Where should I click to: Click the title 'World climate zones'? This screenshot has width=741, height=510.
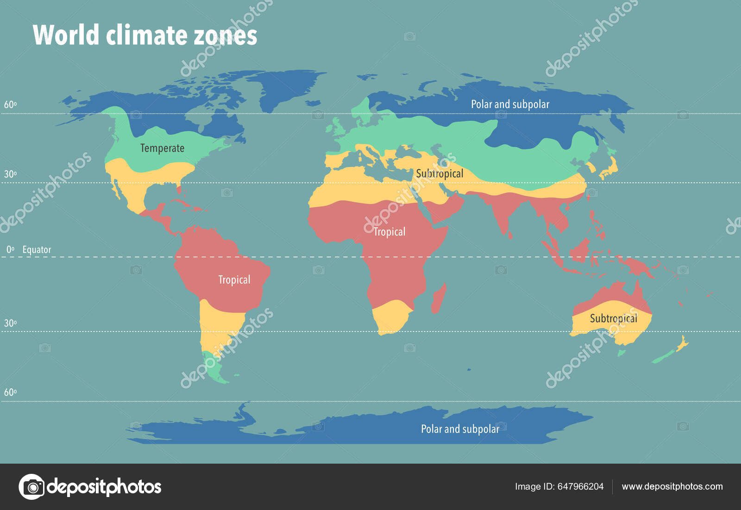coord(144,35)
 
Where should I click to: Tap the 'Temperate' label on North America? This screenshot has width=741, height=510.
coord(162,148)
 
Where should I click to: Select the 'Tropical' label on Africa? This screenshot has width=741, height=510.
coord(389,232)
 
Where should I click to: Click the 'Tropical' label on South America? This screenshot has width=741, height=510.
coord(234,280)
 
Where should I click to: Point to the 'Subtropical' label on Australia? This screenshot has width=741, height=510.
coord(613,319)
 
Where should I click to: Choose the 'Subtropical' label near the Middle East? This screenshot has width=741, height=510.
coord(439,174)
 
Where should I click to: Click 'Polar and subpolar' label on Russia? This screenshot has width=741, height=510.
coord(510,104)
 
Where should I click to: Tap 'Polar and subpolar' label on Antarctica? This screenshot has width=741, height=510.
coord(460,429)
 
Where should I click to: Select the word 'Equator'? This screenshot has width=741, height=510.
coord(37,250)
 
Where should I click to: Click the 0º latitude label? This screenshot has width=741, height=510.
coord(10,250)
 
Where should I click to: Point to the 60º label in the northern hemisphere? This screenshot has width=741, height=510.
coord(10,105)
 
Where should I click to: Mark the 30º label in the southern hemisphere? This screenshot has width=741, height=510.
coord(10,323)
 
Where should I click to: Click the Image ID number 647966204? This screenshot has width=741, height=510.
coord(580,486)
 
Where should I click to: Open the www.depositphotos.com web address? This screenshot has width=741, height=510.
coord(672,486)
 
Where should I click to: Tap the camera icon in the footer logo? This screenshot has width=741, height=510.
coord(32,487)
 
